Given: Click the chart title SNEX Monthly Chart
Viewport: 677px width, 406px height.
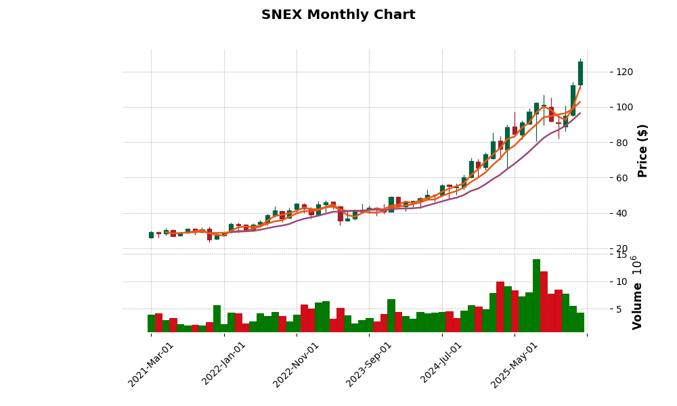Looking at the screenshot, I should point(338,15).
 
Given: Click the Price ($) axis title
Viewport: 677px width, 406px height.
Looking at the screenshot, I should point(642,150).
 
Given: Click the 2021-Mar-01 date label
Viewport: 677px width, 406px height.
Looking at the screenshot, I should point(152,363).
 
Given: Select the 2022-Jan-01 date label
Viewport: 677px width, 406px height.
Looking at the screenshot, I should point(224,363).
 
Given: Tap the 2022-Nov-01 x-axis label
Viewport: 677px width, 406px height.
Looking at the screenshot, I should point(297,363).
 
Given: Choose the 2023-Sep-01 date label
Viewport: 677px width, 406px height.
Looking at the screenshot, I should point(370,363).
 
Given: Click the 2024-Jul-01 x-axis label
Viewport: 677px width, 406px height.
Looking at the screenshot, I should point(442,363).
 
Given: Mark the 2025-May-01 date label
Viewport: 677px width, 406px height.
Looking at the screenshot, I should point(515,363).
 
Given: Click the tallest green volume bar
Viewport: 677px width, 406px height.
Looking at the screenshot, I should point(536,296).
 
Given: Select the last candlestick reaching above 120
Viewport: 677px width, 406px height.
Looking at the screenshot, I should point(580,73).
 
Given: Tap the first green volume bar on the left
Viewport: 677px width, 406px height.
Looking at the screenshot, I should point(152,323).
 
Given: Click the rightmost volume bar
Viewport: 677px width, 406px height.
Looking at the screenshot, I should point(580,322).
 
